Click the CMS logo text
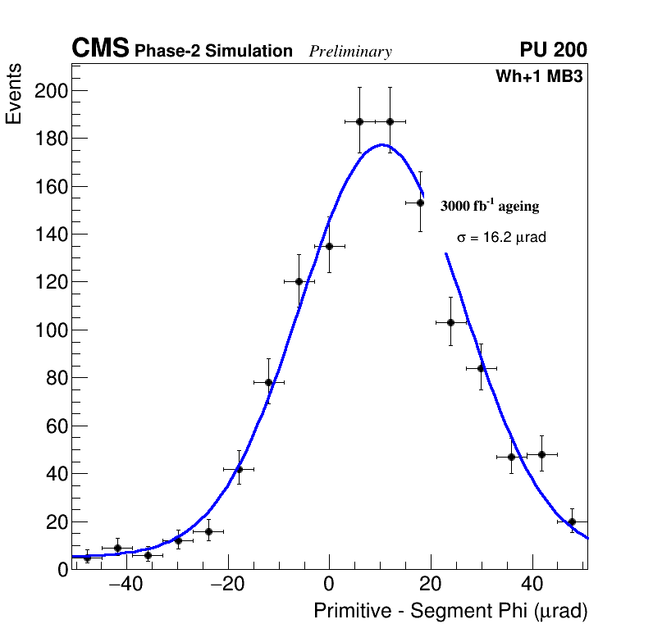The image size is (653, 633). tap(100, 49)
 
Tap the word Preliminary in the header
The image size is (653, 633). tap(350, 52)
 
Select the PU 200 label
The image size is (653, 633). tap(553, 50)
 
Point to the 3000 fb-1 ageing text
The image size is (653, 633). tap(490, 206)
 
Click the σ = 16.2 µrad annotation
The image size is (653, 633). tap(501, 238)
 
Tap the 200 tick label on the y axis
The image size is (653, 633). tap(50, 90)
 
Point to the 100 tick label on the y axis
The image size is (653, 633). tap(50, 330)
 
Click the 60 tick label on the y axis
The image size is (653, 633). tap(54, 426)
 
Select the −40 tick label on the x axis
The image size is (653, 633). tap(125, 585)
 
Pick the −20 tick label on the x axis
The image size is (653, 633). tap(226, 585)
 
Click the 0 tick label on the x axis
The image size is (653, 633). tap(329, 585)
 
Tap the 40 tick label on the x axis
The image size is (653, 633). tap(532, 585)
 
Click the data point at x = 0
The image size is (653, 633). tap(329, 246)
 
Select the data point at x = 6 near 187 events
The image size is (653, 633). tap(359, 121)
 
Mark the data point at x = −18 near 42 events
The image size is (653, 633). tap(239, 469)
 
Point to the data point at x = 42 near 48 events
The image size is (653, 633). tap(541, 454)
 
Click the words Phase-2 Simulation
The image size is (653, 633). tap(213, 52)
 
